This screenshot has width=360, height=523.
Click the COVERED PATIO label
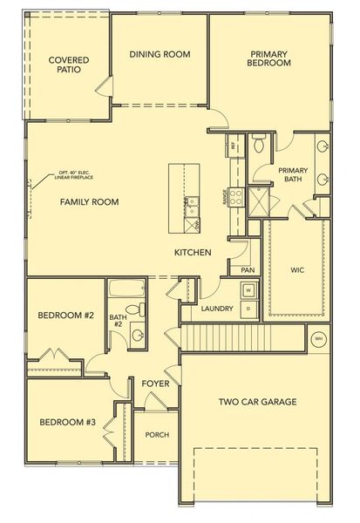point(68,65)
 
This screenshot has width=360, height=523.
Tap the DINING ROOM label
point(160,54)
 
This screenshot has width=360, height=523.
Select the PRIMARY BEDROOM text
point(268,58)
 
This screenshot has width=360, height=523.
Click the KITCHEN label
point(193,252)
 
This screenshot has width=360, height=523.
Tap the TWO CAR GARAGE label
point(257,402)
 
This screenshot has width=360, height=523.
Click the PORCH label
point(157,435)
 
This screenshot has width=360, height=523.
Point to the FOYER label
point(155,384)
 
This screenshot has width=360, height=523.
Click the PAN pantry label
point(248,270)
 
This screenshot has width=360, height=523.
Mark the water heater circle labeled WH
point(318,337)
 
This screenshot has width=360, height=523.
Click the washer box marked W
point(248,290)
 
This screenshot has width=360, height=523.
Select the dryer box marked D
point(248,308)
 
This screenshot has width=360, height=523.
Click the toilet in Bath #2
point(134,309)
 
